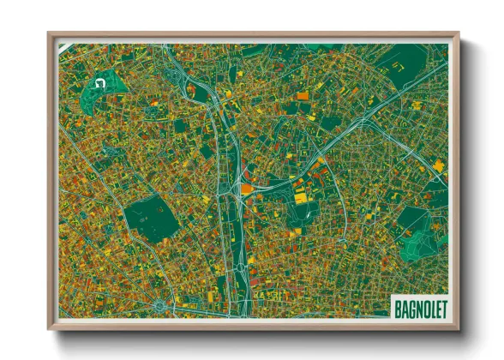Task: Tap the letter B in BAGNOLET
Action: coord(397,306)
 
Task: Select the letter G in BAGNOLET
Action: coord(408,306)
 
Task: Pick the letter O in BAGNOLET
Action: coord(422,306)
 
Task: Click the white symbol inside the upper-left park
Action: coord(99,84)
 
